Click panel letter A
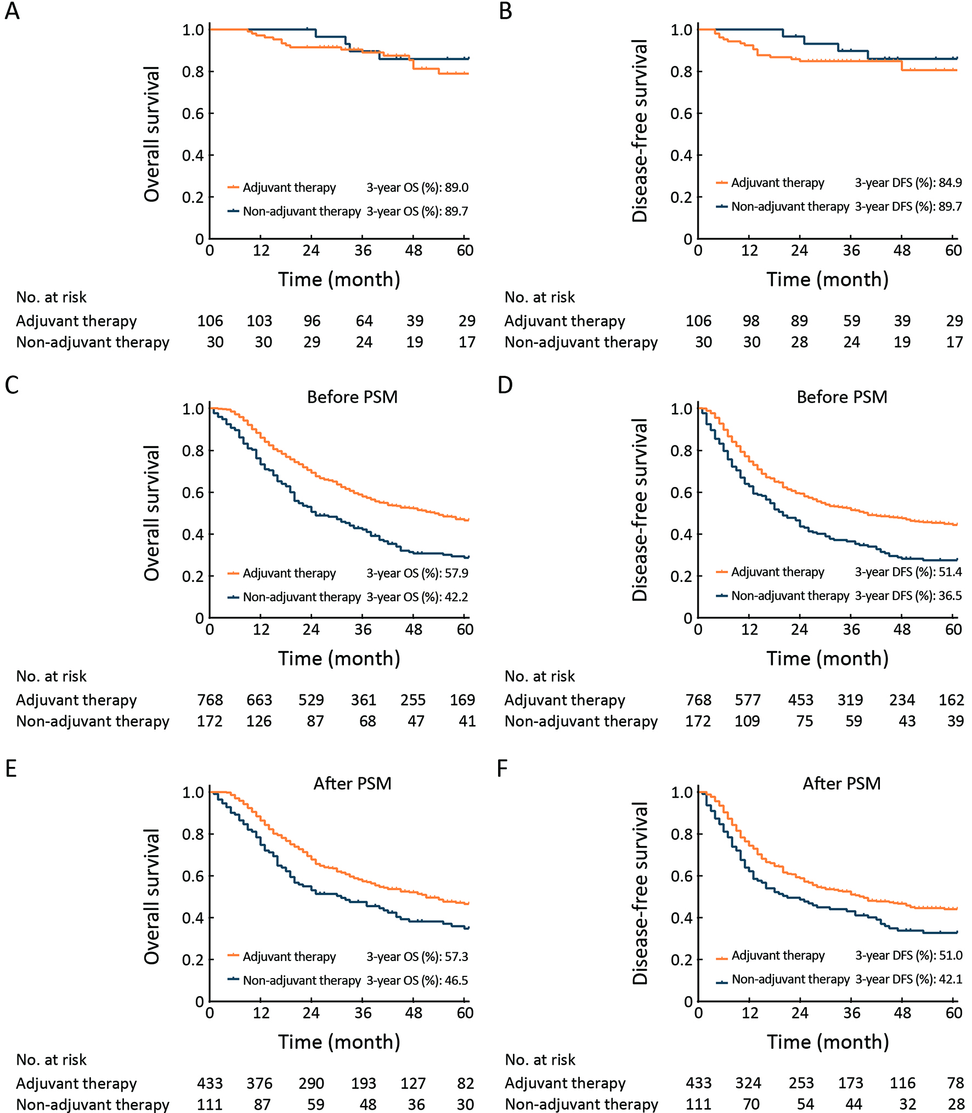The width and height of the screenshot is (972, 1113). point(12,11)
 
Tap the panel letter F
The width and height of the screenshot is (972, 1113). point(502,769)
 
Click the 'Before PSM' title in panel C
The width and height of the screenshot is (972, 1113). point(352,397)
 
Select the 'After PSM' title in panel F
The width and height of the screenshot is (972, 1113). point(841,783)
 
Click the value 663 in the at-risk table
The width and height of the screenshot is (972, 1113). point(259,700)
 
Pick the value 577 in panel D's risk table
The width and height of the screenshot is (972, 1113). point(748,700)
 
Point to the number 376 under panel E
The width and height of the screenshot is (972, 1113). point(259,1083)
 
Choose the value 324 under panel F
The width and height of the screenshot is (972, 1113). point(748,1083)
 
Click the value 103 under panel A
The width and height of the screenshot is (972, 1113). point(259,321)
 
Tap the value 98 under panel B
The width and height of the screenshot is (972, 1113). point(750,321)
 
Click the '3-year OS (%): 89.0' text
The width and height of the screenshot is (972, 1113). point(417,188)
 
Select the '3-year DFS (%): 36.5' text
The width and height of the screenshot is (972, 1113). point(908,596)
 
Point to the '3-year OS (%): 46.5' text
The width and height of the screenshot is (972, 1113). point(417,980)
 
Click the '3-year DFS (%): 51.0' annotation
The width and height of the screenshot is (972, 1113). point(908,955)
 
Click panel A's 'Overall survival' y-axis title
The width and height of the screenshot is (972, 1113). point(152,134)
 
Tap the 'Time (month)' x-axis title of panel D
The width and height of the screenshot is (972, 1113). point(827,658)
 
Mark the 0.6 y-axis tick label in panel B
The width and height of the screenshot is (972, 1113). point(681,114)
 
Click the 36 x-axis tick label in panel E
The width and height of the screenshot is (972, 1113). point(363,1013)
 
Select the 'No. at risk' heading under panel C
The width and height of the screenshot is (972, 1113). point(52,676)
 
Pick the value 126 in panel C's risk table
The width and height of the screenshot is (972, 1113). point(258,721)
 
